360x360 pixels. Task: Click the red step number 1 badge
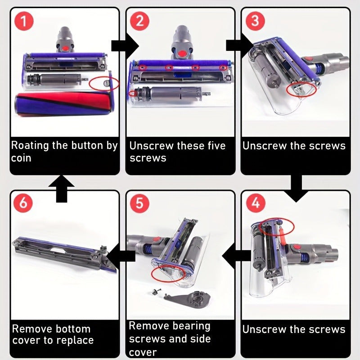[24, 21]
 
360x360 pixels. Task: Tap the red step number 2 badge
[139, 21]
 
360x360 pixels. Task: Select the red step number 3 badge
[255, 21]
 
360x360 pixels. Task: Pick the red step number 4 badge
[255, 203]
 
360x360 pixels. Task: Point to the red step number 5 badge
[139, 203]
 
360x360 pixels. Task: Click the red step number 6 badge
[23, 203]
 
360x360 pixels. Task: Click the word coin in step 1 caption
[21, 158]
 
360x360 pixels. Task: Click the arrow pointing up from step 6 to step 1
[62, 189]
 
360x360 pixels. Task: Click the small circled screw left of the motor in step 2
[132, 93]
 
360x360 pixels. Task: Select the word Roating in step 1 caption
[30, 146]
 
